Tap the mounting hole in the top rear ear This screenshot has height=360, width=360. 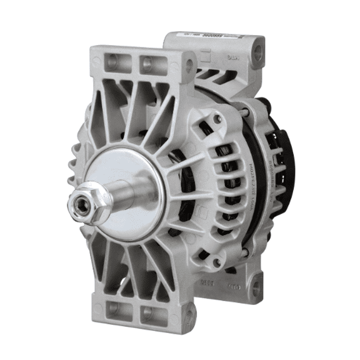tap(257, 54)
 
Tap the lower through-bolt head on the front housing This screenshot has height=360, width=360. tap(216, 263)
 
